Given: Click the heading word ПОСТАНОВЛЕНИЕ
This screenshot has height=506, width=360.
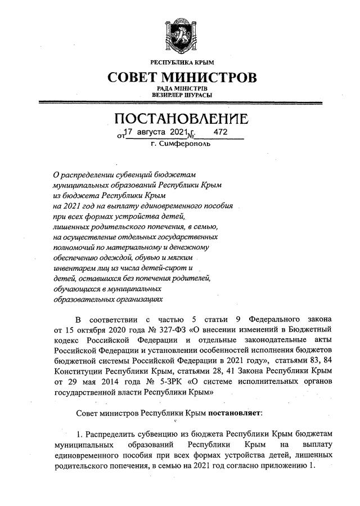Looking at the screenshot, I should coord(181,120).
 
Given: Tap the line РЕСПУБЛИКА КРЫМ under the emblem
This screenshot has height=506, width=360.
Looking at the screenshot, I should coord(180,61).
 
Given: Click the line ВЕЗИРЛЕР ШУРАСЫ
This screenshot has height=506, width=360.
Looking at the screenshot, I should coord(180,95).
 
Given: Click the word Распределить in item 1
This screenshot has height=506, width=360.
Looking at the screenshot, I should coord(113,436).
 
